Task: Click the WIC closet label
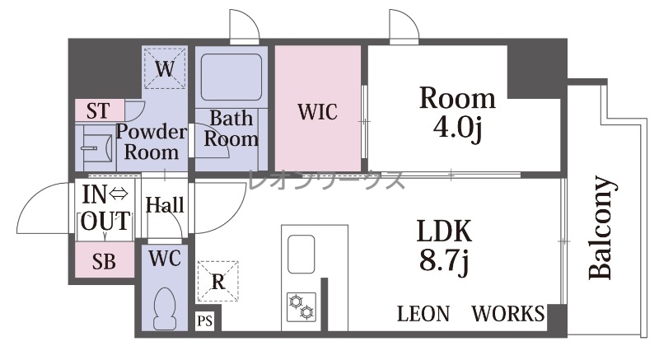click(x=317, y=112)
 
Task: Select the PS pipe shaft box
click(x=204, y=321)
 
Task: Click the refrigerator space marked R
click(x=217, y=281)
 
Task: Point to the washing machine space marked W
click(x=164, y=68)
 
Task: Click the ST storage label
click(x=98, y=111)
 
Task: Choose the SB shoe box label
click(x=104, y=262)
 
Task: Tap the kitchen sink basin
click(x=301, y=255)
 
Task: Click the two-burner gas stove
click(x=301, y=306)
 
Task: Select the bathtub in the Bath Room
click(x=231, y=77)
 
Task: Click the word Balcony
click(x=601, y=227)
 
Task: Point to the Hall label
click(x=165, y=205)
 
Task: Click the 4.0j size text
click(x=457, y=127)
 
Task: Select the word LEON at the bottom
click(x=423, y=314)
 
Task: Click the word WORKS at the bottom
click(x=508, y=314)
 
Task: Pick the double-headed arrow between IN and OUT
click(x=118, y=194)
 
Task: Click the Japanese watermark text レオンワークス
click(x=326, y=180)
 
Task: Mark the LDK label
click(x=444, y=231)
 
